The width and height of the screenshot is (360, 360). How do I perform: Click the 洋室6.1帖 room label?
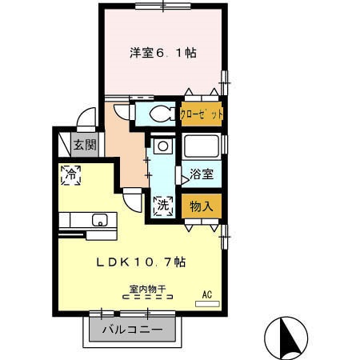[163, 53]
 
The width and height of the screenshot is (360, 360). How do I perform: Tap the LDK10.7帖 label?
[142, 262]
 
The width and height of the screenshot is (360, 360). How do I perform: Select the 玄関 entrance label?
[85, 146]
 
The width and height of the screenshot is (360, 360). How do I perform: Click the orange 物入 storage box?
[201, 206]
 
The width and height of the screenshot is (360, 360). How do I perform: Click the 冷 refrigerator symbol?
[71, 174]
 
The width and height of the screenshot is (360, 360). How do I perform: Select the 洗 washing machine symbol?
[162, 205]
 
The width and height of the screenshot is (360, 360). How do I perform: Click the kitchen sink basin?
[100, 220]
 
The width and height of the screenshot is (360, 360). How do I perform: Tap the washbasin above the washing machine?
[162, 147]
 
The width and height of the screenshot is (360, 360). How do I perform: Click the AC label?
[207, 294]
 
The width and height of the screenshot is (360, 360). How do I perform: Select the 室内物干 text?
[145, 288]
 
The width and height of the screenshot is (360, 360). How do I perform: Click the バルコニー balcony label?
[133, 330]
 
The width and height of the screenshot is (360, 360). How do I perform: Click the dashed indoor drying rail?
[147, 297]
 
